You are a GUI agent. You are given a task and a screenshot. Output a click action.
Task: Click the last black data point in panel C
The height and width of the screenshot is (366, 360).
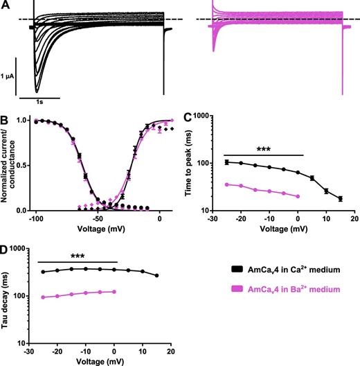pos(340,199)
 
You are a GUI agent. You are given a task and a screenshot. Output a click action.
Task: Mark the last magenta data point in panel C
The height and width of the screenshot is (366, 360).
pos(298,197)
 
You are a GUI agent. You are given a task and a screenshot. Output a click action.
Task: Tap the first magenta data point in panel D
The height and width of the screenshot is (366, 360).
pos(43,297)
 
